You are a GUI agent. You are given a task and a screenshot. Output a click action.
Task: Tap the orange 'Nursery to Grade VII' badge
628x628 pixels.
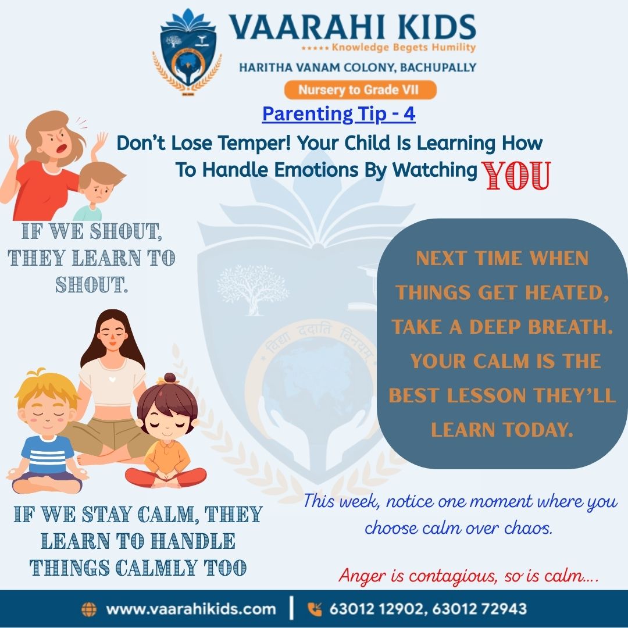359,90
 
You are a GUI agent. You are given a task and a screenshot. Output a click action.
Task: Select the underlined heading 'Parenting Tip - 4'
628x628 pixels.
338,113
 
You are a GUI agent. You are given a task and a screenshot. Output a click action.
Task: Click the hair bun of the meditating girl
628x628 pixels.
169,379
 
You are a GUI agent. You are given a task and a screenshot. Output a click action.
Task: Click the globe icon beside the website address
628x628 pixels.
89,609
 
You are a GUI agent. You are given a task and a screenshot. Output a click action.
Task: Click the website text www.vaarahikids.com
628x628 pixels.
191,609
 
